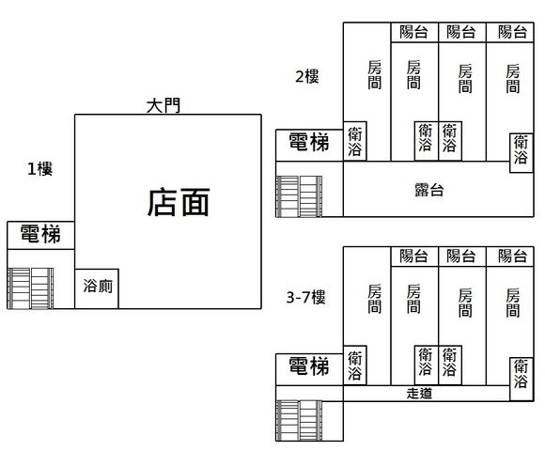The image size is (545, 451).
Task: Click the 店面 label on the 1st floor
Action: coord(179,202)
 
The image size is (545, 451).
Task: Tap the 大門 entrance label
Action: coord(163,105)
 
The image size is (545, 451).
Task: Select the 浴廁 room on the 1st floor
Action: coord(97,288)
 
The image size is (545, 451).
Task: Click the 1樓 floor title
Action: coord(40,169)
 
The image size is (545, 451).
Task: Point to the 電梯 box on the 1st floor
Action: coord(40,235)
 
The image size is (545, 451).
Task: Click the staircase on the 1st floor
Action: coord(30,288)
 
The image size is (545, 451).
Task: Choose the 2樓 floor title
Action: coord(307,76)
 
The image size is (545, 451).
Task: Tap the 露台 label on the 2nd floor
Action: coord(429,190)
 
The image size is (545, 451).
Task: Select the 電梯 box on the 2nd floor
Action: coord(309,146)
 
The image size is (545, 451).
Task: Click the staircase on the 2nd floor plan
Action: coord(299,196)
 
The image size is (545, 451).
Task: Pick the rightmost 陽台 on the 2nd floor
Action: coord(510,32)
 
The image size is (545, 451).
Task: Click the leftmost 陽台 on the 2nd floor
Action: coord(414,32)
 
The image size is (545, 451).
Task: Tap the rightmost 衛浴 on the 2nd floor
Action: coord(521,153)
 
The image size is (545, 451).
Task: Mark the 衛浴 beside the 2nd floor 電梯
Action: coord(355,141)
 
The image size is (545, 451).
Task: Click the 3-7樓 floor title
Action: coord(306,298)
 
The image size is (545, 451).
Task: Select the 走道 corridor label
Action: coord(419,394)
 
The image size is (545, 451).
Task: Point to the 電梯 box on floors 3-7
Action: coord(309,369)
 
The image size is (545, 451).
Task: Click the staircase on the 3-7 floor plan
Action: coord(299,420)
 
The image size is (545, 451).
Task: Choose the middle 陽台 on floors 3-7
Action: coord(462,257)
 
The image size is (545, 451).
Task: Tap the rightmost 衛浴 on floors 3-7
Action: coord(521,379)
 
